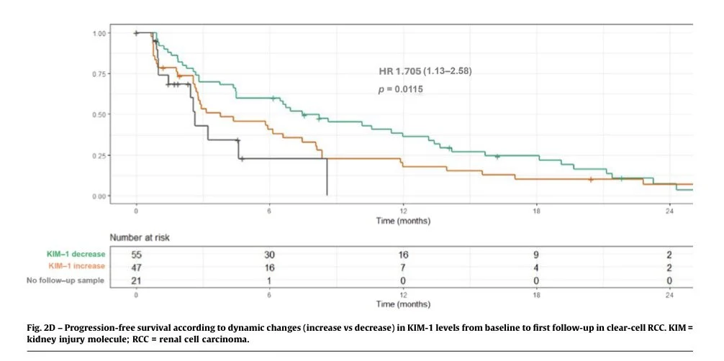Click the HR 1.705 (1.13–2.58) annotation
click(x=425, y=70)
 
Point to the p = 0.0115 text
click(x=401, y=89)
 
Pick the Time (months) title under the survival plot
click(x=403, y=221)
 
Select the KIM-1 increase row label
click(x=76, y=266)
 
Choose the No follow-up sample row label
click(x=68, y=279)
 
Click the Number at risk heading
click(x=139, y=237)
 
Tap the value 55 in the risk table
click(x=136, y=254)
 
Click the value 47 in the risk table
click(x=136, y=266)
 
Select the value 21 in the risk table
click(x=136, y=279)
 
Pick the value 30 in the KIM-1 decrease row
click(x=269, y=254)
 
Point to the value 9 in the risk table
click(x=536, y=254)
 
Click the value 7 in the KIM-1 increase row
click(x=403, y=266)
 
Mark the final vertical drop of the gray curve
click(x=327, y=177)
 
